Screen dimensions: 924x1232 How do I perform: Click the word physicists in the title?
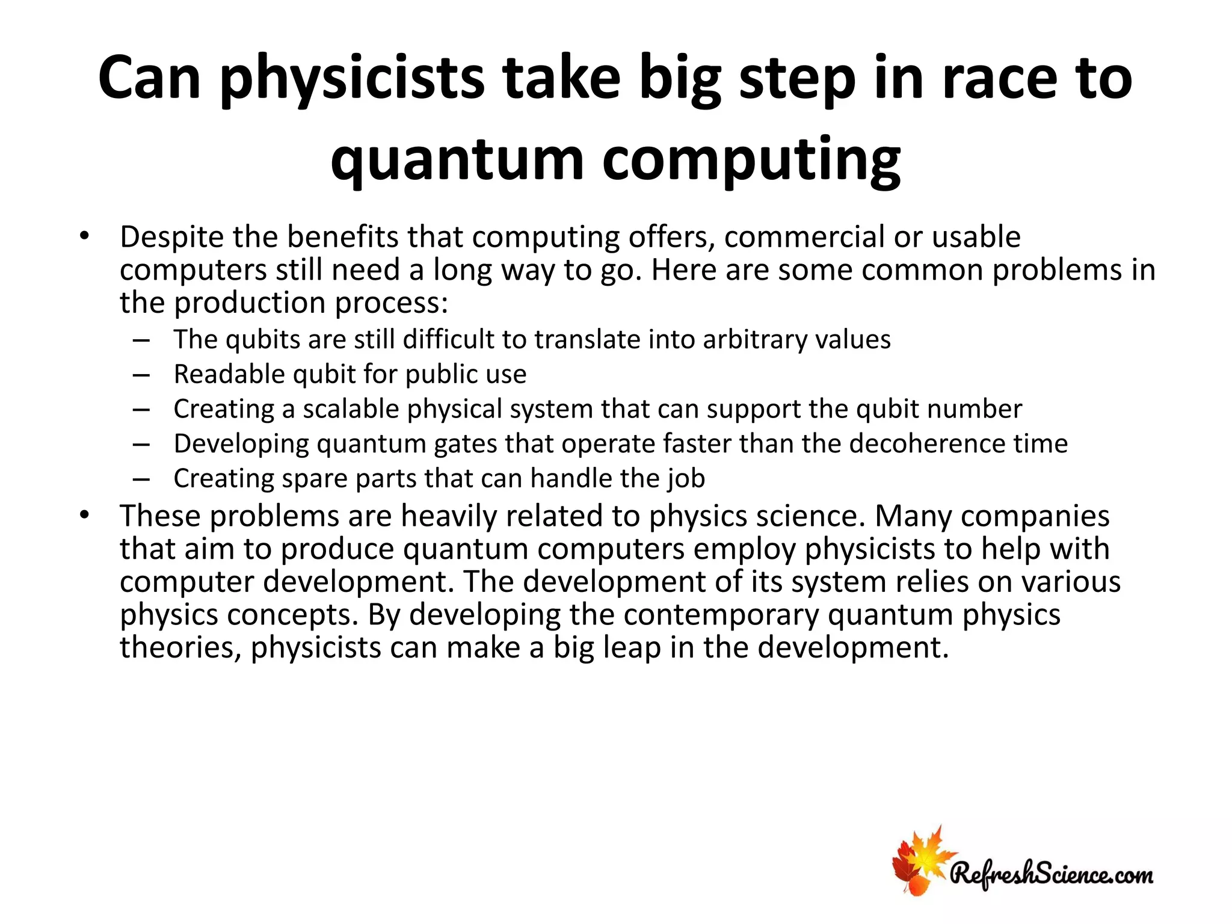pyautogui.click(x=353, y=79)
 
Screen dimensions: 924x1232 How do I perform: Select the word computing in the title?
pyautogui.click(x=751, y=159)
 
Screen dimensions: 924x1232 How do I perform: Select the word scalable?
pyautogui.click(x=351, y=409)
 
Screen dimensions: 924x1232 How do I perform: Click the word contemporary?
pyautogui.click(x=721, y=615)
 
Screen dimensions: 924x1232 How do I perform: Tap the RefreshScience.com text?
pyautogui.click(x=1052, y=873)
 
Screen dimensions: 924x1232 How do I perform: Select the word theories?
pyautogui.click(x=179, y=648)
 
